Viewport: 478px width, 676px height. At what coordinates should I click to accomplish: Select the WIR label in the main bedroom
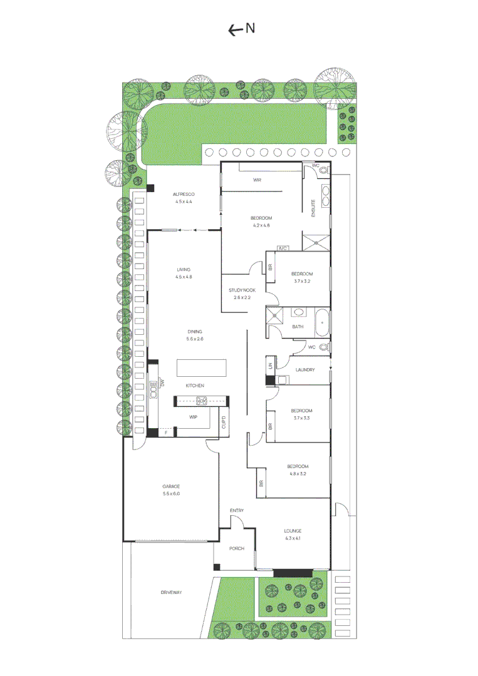257,180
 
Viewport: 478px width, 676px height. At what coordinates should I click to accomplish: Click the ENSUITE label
313,208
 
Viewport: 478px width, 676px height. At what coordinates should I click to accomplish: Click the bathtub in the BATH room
321,321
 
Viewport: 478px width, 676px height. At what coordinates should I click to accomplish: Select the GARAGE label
171,486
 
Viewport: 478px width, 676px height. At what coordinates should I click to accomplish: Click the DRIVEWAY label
171,592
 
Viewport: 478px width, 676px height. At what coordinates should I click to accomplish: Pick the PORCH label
236,548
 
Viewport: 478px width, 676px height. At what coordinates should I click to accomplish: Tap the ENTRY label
237,511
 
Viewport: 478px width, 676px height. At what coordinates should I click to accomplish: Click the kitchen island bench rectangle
202,368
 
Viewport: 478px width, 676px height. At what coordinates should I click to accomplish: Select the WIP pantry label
194,416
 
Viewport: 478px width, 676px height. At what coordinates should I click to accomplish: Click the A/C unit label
281,248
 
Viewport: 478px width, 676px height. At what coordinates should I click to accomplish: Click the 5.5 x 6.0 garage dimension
171,494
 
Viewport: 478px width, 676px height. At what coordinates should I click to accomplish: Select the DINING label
195,332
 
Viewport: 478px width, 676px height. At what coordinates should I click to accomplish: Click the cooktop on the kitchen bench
202,401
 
